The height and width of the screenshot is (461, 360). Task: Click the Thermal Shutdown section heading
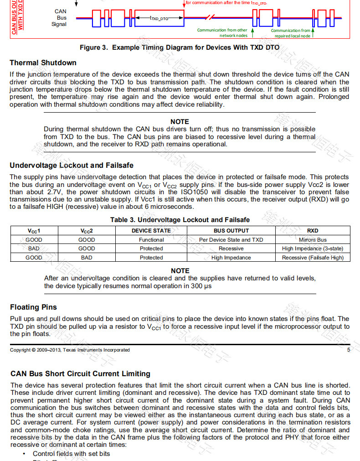(x=43, y=62)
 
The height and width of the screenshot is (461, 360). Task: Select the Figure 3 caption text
(x=180, y=47)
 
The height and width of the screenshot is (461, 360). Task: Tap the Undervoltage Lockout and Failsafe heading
(x=72, y=165)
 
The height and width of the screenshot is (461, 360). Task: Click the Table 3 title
(x=180, y=220)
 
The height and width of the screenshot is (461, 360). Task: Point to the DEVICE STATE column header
(x=151, y=231)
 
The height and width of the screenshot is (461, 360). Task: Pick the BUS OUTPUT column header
(x=231, y=231)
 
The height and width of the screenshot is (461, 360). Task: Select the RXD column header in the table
(x=313, y=231)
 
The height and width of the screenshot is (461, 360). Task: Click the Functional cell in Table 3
(x=151, y=240)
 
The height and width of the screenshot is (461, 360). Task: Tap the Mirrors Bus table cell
(x=313, y=240)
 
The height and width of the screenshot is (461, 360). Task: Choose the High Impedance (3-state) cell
(x=313, y=249)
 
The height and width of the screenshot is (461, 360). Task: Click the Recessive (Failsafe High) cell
(x=313, y=258)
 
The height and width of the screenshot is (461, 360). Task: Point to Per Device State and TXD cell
(x=231, y=240)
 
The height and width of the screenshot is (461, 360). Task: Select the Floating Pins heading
(x=33, y=307)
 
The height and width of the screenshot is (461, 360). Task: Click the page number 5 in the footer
(x=349, y=350)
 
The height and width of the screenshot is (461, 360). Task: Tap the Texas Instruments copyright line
(x=70, y=350)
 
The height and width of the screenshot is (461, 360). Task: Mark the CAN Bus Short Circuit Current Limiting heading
(x=80, y=373)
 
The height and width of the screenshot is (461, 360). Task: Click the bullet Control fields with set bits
(x=71, y=454)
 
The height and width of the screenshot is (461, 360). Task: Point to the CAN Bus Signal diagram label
(x=60, y=18)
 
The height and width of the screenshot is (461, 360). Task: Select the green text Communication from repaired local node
(x=292, y=33)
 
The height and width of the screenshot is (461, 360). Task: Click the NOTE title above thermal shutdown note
(x=180, y=122)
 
